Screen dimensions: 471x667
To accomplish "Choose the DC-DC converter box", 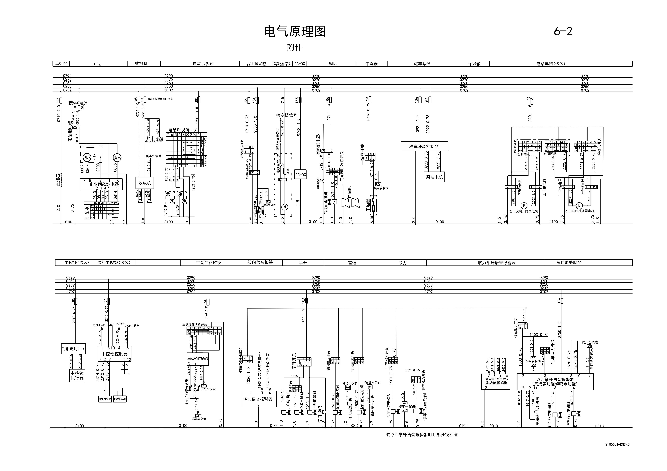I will (300, 175).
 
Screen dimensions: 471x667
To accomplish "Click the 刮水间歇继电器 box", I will (101, 184).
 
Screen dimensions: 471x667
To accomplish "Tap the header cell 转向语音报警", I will (260, 262).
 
